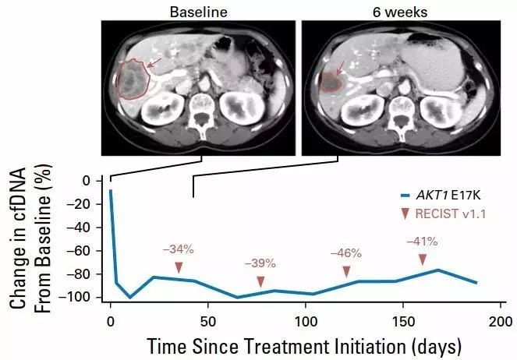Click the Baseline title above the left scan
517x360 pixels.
(x=199, y=11)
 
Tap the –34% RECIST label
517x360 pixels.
(x=179, y=249)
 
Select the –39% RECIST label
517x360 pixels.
(x=260, y=264)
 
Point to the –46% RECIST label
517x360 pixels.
(x=345, y=253)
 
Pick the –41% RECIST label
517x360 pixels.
(x=422, y=242)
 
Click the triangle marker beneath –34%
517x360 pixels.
(x=179, y=267)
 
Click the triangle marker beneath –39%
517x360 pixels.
(x=260, y=281)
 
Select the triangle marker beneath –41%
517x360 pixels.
(x=423, y=259)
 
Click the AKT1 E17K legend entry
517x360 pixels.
(x=441, y=196)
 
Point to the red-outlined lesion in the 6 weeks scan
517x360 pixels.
(x=333, y=80)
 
